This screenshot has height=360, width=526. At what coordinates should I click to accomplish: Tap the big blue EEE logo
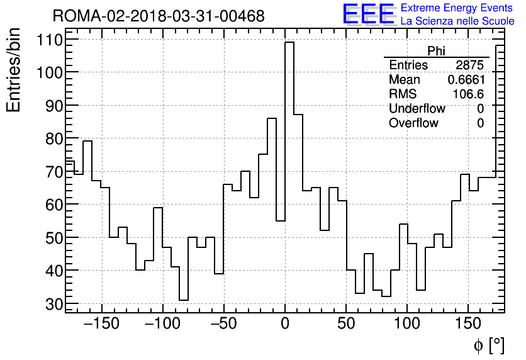pos(368,14)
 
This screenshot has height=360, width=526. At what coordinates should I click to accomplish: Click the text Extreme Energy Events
pos(457,8)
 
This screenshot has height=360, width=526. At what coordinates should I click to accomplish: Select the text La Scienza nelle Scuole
pos(457,22)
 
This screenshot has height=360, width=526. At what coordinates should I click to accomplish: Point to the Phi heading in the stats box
pos(436,51)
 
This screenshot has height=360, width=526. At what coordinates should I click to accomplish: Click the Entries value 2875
pos(469,65)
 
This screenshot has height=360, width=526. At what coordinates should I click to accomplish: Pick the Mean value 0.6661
pos(466,80)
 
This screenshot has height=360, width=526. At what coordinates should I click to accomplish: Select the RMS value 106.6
pos(468,94)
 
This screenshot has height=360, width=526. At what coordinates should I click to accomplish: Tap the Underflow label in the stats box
pos(417,109)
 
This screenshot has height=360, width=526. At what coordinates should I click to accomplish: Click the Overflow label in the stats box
pos(413,123)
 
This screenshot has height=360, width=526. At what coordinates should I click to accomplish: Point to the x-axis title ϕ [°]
pos(489,346)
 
